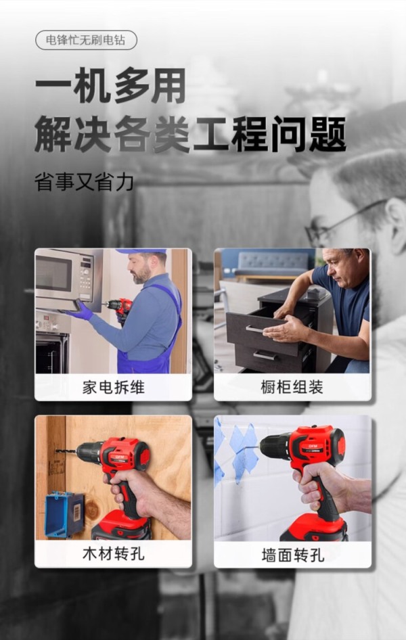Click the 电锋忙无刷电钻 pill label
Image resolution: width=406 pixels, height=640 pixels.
click(86, 41)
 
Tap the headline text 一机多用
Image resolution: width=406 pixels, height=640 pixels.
click(110, 86)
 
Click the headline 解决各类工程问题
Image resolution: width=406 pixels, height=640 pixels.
click(190, 134)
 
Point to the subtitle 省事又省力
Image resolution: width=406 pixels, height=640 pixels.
click(84, 182)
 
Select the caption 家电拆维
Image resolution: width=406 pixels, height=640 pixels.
click(114, 387)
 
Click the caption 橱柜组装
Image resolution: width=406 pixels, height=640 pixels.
click(292, 387)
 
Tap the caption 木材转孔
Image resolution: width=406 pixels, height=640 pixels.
click(114, 554)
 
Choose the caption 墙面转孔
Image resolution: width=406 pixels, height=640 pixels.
click(292, 555)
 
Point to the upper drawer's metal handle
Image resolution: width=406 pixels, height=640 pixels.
click(262, 329)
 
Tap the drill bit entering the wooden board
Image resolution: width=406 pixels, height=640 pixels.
click(66, 451)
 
